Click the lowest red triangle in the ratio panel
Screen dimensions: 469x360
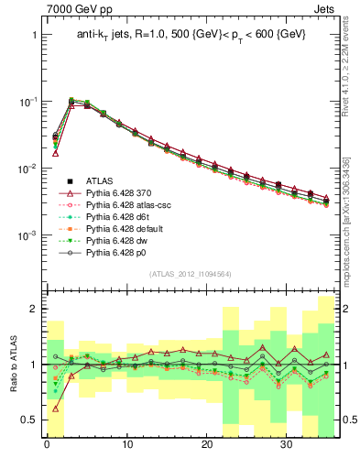tap(55, 409)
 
